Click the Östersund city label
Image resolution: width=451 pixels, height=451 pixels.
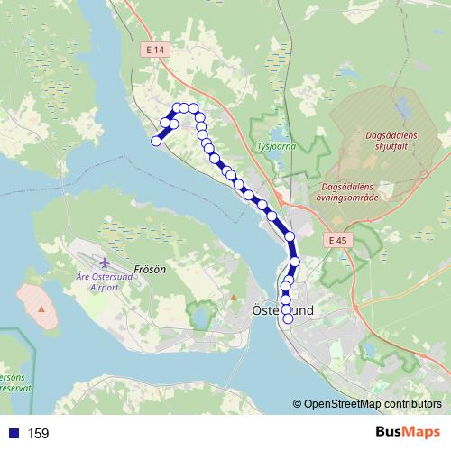[x=281, y=309]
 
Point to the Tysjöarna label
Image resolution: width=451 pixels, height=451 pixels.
[x=275, y=144]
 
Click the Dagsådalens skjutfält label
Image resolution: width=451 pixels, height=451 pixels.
[x=391, y=141]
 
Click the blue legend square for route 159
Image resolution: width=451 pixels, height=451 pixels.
[x=14, y=434]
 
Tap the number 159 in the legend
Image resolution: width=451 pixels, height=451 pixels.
[x=39, y=434]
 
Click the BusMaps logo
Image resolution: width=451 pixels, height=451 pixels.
[x=408, y=433]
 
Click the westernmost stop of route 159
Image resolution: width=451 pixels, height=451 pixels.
[x=156, y=141]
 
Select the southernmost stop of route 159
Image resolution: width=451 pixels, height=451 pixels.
[x=289, y=318]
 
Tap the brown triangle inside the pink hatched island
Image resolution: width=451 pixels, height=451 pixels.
[x=41, y=308]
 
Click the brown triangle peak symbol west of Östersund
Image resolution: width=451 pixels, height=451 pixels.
[x=233, y=298]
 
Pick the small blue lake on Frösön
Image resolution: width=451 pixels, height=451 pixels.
[x=200, y=315]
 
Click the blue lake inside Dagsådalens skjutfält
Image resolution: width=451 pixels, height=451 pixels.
[x=402, y=109]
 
